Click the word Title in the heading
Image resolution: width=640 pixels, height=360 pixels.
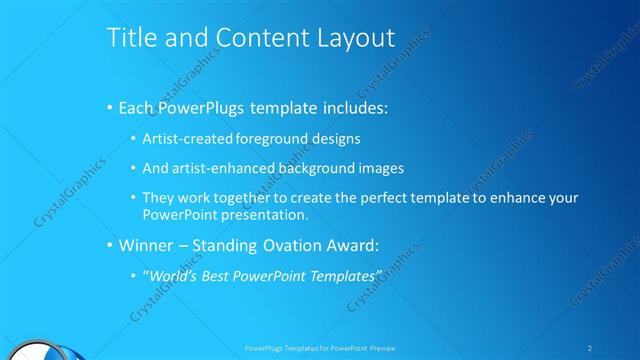(x=130, y=38)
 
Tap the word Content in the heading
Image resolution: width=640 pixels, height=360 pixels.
(x=251, y=38)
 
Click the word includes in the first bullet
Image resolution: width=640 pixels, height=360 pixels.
(x=354, y=106)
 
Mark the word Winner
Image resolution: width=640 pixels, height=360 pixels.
(x=150, y=245)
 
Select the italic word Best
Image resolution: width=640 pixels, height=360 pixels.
(x=221, y=275)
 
